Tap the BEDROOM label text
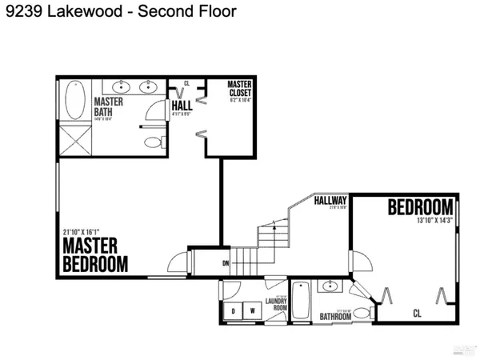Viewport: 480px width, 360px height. [x=421, y=207]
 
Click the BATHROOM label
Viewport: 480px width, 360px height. [x=336, y=317]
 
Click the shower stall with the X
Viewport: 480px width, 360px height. [x=74, y=146]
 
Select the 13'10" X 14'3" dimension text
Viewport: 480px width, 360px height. [x=433, y=221]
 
